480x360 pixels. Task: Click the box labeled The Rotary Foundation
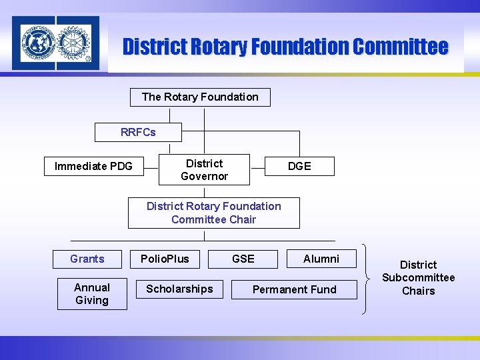200,97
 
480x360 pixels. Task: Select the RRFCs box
138,132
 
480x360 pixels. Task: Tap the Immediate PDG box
93,166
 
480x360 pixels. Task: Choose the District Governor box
204,170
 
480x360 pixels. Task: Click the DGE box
299,167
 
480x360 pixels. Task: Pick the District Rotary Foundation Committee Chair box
214,213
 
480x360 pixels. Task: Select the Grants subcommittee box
87,259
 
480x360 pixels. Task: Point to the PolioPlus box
165,259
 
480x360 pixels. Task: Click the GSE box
243,259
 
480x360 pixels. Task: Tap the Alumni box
321,259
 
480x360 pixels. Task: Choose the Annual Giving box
92,294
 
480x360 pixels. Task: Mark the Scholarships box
179,289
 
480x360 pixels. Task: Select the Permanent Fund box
295,289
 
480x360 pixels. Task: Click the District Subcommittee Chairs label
418,278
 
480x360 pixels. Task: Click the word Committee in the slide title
400,47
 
